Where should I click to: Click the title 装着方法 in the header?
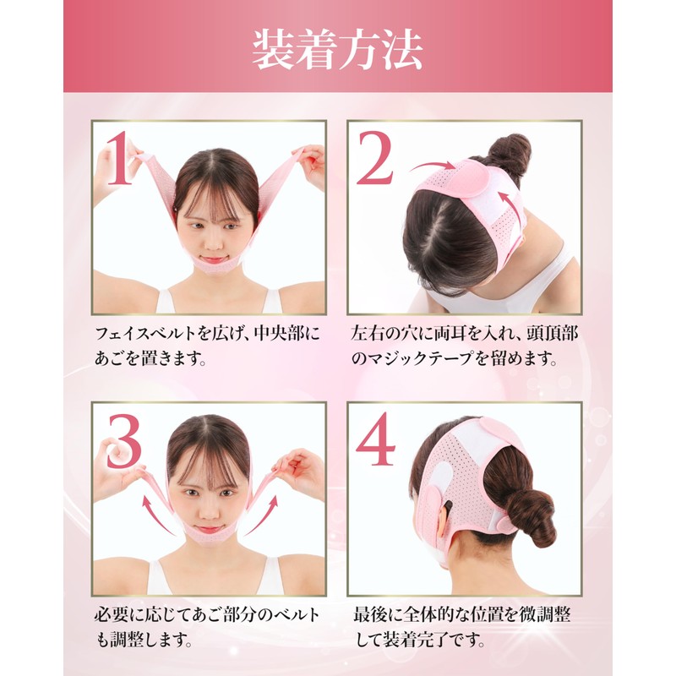(x=337, y=50)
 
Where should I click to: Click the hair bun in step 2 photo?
(x=511, y=156)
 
